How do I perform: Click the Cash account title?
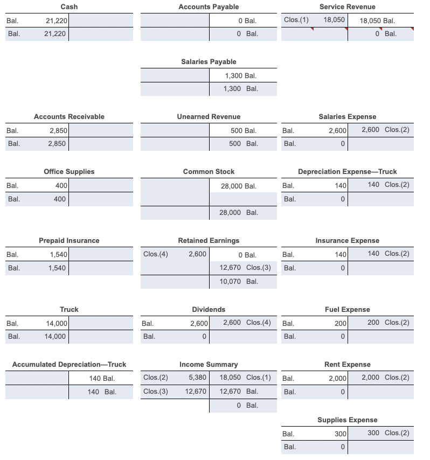click(69, 6)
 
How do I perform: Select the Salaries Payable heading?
click(209, 61)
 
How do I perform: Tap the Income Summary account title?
click(209, 364)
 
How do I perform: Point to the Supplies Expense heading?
click(348, 420)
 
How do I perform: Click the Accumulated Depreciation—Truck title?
click(69, 364)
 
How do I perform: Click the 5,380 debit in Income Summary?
click(196, 377)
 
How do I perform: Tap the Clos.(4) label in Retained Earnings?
click(156, 254)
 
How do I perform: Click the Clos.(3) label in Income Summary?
click(156, 391)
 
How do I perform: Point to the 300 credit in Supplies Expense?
click(373, 433)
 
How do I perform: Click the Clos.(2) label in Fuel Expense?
click(397, 322)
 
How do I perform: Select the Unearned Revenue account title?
click(209, 116)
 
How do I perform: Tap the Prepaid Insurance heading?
click(69, 240)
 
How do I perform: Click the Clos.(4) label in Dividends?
click(258, 322)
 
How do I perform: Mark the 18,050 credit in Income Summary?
click(231, 377)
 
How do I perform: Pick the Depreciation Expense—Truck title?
click(348, 171)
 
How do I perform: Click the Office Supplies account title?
click(69, 171)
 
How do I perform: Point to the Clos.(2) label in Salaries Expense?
click(397, 130)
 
